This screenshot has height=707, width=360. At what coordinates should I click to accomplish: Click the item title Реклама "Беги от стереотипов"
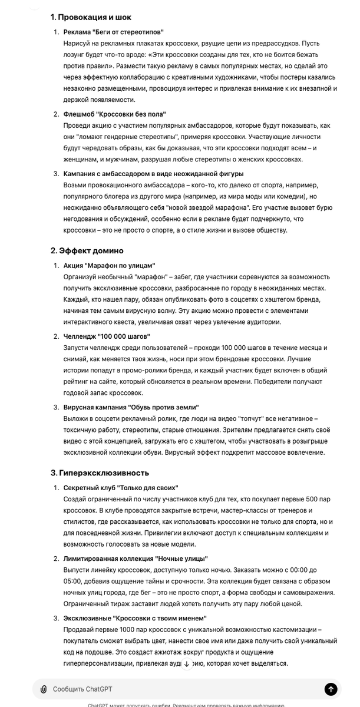point(113,31)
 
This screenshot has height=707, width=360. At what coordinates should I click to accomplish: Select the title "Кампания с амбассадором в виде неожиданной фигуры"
point(153,174)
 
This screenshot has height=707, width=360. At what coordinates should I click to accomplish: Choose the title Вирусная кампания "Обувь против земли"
point(131,407)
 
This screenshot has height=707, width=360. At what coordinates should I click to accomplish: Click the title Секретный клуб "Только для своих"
point(121,488)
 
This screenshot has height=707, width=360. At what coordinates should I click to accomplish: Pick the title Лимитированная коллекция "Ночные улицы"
point(136,558)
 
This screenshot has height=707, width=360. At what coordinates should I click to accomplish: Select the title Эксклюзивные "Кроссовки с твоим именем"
point(135,618)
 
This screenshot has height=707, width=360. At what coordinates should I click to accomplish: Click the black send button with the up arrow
point(331,689)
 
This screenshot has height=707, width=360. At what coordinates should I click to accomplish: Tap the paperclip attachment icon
point(44,689)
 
